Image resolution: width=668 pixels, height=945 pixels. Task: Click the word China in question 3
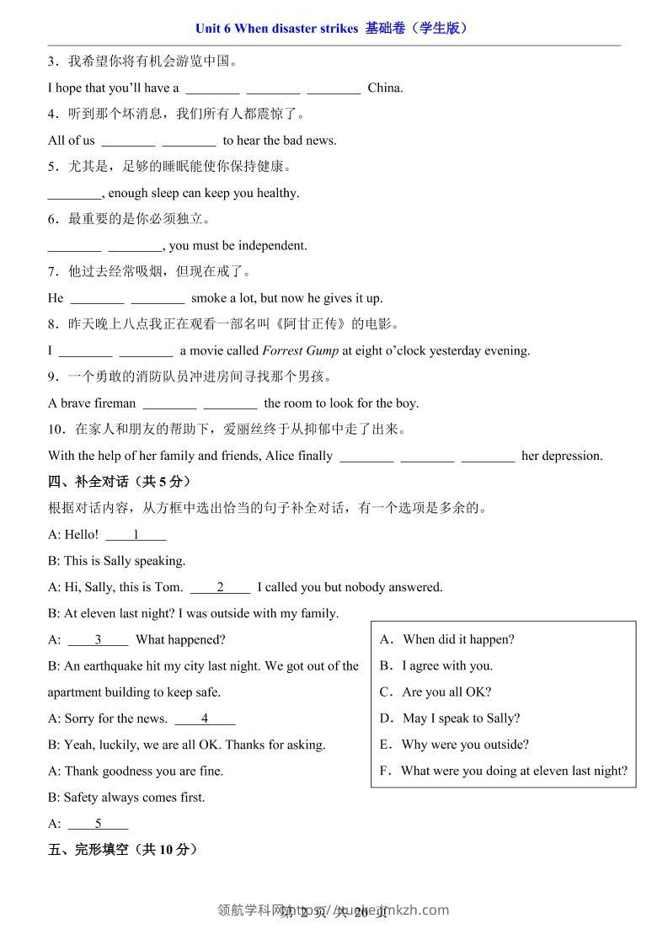pos(385,88)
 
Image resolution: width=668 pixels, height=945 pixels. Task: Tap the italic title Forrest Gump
pos(301,350)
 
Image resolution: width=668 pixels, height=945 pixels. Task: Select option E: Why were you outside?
pos(464,745)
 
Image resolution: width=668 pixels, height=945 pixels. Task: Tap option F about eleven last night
pos(513,771)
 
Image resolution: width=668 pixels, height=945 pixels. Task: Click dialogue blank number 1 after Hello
pos(136,535)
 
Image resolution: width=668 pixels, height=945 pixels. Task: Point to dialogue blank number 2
pos(220,587)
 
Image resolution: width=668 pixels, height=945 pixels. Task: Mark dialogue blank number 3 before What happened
pos(98,639)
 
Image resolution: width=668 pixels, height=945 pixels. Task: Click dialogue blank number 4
pos(205,718)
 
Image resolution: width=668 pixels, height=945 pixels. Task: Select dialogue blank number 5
pos(98,824)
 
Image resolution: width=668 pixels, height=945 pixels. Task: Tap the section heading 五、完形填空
pos(123,850)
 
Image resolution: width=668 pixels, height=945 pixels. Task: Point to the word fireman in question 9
pos(114,403)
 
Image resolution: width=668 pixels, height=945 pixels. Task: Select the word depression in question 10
pos(574,456)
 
